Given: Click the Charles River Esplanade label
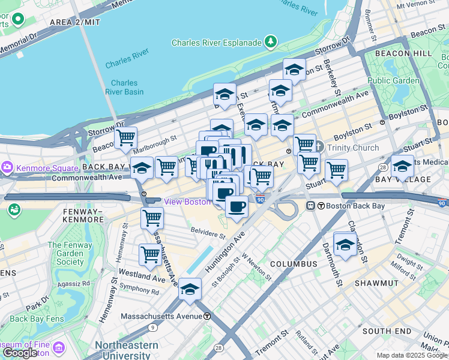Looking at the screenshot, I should pos(217,43).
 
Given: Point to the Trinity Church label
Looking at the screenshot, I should pos(352,148).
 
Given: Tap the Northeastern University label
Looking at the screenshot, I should pos(126,350).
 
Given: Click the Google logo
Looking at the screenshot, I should pos(20,353).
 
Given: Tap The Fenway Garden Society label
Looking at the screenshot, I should pos(70,253).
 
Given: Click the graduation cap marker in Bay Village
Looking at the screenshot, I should pos(402,165).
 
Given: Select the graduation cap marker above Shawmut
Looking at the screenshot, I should pos(345,244).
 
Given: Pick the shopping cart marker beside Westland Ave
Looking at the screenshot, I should pos(150,254).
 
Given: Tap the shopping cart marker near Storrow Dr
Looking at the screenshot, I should pos(126,138).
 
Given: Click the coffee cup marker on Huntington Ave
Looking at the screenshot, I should pos(237,207).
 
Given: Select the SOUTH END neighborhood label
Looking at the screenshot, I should pos(386,331).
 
